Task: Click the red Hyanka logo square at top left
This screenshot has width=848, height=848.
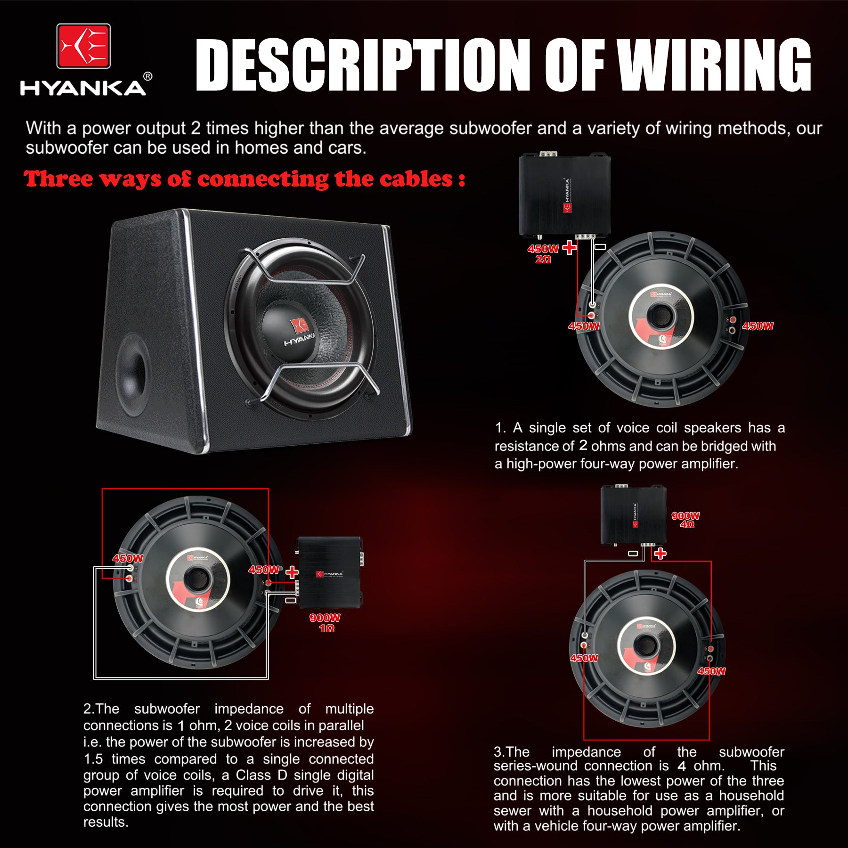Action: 83,46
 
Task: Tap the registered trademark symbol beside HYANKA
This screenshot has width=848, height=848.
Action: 147,76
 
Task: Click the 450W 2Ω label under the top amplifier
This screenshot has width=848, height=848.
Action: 543,254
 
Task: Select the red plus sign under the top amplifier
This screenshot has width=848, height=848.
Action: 570,247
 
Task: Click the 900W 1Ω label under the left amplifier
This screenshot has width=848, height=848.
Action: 325,622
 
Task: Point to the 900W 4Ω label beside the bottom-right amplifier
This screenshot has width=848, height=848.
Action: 686,520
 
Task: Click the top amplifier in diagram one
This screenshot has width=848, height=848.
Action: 564,196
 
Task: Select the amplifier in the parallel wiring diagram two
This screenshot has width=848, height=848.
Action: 330,572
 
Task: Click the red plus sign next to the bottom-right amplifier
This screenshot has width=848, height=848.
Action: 660,553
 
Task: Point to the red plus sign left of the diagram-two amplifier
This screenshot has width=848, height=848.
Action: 292,572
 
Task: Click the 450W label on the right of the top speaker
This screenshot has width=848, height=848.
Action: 758,326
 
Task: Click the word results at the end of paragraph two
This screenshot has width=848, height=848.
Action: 106,822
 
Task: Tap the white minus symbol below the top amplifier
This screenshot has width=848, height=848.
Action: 600,246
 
